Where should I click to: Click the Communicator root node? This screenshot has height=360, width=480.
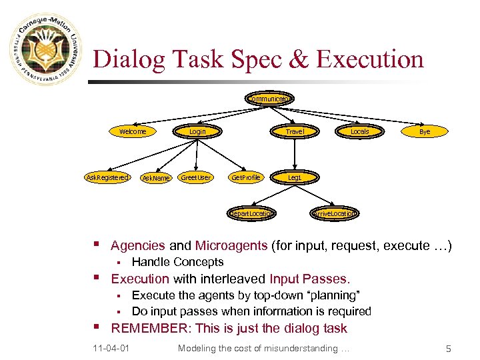click(269, 99)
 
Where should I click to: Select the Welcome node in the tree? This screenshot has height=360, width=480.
click(133, 131)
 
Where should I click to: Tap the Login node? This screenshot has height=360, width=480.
click(197, 131)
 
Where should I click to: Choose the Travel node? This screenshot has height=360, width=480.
click(295, 131)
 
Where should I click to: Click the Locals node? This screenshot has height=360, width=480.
click(359, 131)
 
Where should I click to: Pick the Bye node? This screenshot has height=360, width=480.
click(425, 131)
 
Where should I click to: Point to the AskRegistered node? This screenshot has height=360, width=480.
click(107, 177)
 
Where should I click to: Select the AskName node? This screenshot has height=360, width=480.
click(157, 178)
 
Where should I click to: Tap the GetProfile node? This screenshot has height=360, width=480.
click(246, 177)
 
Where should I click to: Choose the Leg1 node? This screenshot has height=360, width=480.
click(295, 177)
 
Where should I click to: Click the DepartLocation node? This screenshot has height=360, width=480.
click(251, 213)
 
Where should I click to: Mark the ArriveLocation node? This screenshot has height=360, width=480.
click(335, 213)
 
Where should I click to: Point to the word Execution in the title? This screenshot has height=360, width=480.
click(371, 59)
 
